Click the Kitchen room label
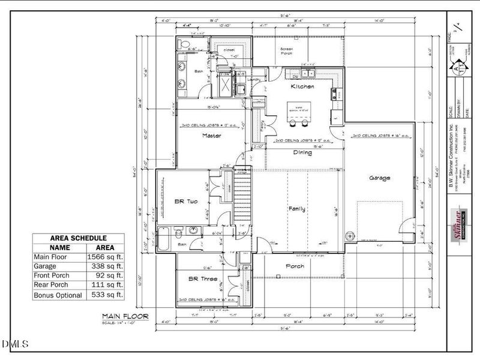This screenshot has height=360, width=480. point(302,87)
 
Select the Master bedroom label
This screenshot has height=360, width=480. point(212,136)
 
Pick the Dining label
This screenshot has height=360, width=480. point(302,152)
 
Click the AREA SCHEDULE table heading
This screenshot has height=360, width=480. point(78,238)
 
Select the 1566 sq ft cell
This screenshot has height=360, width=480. point(106,257)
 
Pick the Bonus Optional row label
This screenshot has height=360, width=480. point(58,295)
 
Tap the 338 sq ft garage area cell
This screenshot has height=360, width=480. point(106,267)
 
